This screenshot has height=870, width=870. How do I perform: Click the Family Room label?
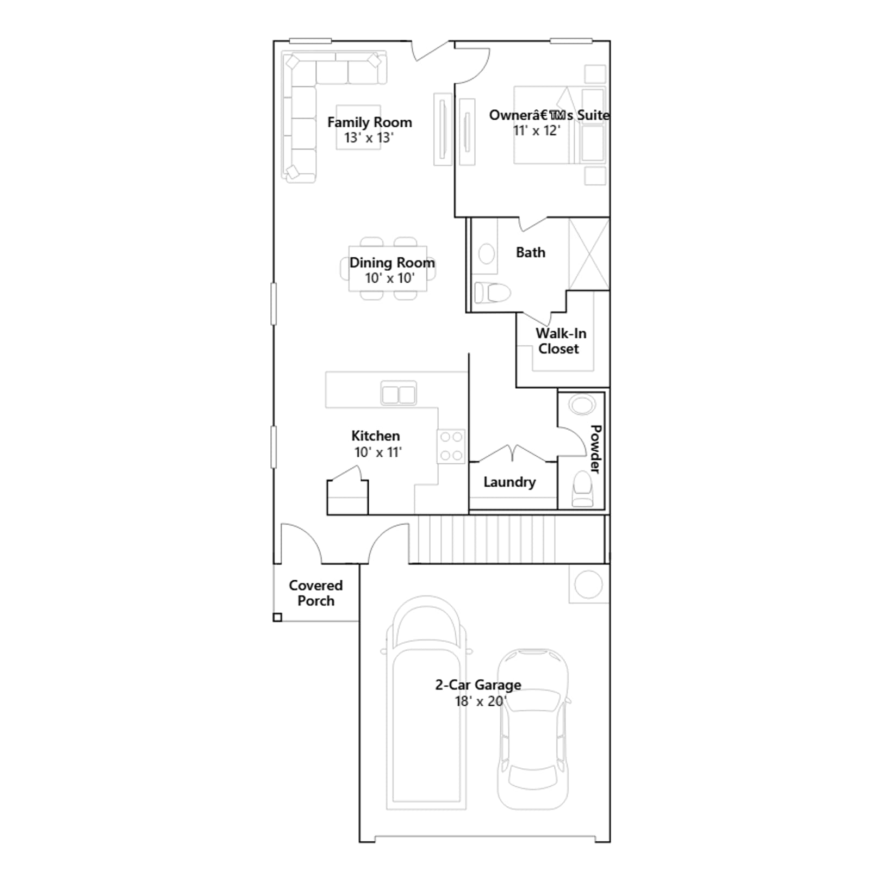click(370, 122)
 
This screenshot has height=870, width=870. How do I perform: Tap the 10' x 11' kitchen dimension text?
click(378, 452)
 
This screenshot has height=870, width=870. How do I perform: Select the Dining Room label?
click(392, 263)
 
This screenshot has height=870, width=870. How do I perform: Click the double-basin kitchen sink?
click(399, 393)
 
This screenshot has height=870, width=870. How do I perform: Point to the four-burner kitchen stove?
click(451, 447)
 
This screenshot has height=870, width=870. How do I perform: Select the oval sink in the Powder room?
click(582, 405)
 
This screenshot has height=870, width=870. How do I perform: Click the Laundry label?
click(509, 482)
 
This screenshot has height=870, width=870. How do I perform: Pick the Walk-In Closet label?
click(561, 341)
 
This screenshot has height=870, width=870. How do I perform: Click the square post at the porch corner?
click(277, 617)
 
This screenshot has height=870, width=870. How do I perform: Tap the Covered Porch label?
click(316, 593)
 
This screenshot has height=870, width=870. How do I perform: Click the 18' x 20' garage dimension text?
click(480, 701)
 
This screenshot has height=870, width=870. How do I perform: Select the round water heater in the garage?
click(588, 584)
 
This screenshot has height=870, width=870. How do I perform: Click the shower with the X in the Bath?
click(589, 254)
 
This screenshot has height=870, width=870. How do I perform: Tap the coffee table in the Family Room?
click(358, 127)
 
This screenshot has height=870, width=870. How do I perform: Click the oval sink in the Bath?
click(486, 253)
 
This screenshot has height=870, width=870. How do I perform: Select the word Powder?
click(596, 449)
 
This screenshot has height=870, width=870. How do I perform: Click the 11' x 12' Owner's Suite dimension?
click(537, 130)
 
